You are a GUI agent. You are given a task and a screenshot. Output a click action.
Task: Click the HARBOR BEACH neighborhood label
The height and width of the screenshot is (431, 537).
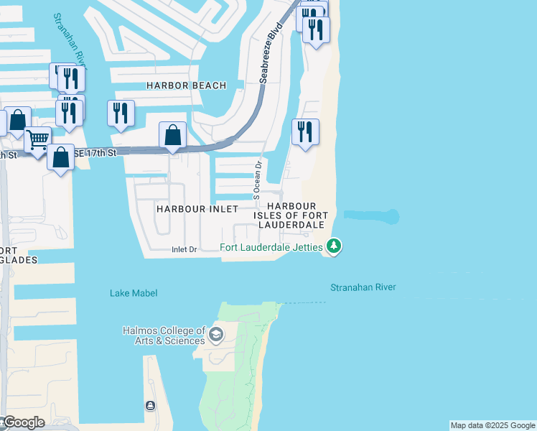click(186, 85)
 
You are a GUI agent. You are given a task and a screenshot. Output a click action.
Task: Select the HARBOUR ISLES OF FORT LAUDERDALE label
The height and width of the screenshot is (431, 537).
click(291, 215)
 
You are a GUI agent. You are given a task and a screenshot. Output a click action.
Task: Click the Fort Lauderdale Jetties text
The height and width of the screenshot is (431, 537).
click(271, 248)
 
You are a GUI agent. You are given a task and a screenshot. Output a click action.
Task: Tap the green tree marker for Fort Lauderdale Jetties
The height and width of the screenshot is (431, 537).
click(333, 247)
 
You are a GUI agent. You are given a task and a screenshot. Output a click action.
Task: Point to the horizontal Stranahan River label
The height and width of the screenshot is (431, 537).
click(363, 287)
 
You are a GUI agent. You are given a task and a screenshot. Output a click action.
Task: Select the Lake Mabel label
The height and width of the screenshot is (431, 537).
click(134, 293)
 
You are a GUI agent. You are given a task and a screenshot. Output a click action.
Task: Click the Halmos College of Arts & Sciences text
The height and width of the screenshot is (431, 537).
click(163, 335)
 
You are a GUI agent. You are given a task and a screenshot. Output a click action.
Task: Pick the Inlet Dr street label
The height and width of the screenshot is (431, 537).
click(184, 250)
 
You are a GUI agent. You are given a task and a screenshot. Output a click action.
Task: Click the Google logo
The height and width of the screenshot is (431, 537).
click(23, 422)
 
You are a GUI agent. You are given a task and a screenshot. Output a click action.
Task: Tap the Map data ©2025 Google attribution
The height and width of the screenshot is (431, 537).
click(492, 425)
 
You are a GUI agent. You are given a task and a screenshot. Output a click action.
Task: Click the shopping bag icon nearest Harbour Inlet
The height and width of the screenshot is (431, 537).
click(172, 134)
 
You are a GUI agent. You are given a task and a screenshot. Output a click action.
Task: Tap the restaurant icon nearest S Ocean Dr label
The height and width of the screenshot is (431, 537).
click(305, 131)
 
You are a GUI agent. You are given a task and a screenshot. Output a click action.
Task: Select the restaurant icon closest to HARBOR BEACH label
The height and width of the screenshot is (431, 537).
click(121, 113)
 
